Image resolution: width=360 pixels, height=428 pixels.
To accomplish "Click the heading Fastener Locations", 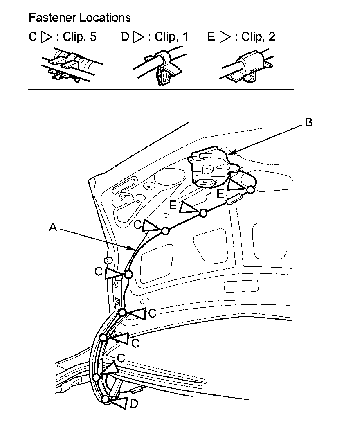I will click(x=80, y=18).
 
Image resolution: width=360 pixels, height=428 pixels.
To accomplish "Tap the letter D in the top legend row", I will click(x=125, y=37).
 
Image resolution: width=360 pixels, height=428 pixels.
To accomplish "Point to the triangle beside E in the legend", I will click(x=225, y=37).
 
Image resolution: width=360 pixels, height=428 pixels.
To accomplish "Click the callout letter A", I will click(x=53, y=228).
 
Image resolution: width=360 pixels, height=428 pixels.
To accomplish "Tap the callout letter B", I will click(x=309, y=122).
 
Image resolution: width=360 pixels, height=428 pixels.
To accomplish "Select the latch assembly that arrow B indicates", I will click(x=211, y=168).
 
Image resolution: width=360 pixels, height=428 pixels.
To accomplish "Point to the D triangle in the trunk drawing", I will click(x=121, y=403).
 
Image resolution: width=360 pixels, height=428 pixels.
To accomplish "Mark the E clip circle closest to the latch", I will click(x=250, y=189).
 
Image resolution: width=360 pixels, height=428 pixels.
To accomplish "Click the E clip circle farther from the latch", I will click(x=203, y=212).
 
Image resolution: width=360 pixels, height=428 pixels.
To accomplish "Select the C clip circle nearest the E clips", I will click(x=165, y=231).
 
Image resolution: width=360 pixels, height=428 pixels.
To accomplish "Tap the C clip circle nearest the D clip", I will click(x=96, y=377).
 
